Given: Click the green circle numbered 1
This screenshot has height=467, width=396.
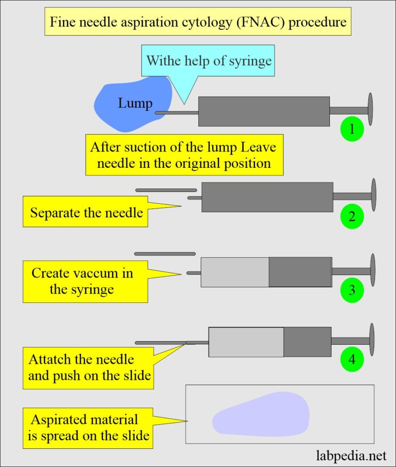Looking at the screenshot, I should [352, 129].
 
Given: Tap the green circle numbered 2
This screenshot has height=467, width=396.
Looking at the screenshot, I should [352, 216].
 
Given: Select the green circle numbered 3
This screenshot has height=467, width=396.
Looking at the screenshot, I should [352, 290].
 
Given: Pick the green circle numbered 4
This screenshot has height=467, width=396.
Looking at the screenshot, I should [352, 359].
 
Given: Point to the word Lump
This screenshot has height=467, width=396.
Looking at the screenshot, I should [135, 104].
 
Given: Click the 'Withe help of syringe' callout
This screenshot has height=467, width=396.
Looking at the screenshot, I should [209, 61].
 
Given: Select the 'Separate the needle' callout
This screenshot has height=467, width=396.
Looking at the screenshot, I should [86, 212].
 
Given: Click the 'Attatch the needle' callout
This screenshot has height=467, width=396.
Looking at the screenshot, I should [89, 368].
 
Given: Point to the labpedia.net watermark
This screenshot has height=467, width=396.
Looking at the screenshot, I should [351, 455].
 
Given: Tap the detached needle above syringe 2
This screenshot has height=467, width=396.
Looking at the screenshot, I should [166, 190].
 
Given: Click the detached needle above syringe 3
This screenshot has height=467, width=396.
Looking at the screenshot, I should [165, 254].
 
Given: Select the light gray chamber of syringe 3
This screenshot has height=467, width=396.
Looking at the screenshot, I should [234, 272].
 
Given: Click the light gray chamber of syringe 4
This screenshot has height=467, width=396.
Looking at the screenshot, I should [246, 342].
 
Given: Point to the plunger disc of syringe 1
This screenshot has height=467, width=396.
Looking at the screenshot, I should [370, 109].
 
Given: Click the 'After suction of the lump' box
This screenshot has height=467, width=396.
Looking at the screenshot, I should [184, 155].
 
